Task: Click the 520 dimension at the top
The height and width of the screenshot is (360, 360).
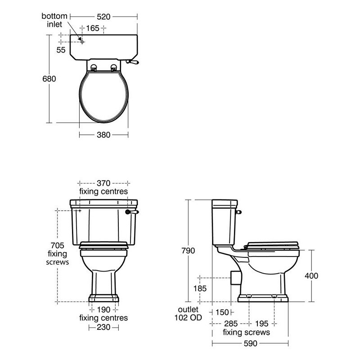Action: (103, 17)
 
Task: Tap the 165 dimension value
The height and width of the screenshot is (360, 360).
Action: (93, 28)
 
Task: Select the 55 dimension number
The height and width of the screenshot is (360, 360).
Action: (61, 50)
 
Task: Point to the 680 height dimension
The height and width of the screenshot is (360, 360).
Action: (49, 79)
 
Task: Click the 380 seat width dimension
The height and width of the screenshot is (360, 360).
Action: (103, 135)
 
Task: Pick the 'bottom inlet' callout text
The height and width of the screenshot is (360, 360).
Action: (54, 20)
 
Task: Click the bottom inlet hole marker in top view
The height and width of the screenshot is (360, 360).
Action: (82, 42)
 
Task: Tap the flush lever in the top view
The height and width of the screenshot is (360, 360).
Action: (132, 62)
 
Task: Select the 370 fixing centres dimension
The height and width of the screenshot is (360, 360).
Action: (103, 183)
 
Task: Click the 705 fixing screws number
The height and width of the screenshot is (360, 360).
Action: (58, 245)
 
